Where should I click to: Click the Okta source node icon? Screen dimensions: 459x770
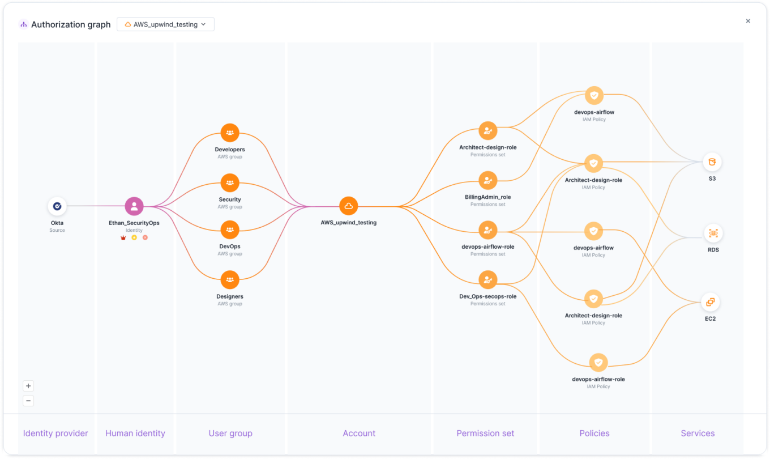coord(57,206)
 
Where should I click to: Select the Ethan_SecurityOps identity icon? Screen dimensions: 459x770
coord(134,206)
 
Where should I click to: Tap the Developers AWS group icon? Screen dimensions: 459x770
coord(230,133)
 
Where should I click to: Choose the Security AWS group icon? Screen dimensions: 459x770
coord(230,183)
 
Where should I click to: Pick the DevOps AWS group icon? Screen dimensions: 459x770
coord(230,230)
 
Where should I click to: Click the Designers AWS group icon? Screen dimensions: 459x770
coord(230,280)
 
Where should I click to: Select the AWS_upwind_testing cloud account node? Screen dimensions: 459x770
coord(349,206)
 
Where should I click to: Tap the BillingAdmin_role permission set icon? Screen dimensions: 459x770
coord(487,181)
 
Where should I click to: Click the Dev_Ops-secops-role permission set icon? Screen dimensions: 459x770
coord(487,280)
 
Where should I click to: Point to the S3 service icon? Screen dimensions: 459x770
coord(712,162)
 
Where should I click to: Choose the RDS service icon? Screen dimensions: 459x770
coord(713,233)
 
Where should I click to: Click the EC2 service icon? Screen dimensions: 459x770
coord(711,302)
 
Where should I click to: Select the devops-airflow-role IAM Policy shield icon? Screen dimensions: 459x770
coord(598,363)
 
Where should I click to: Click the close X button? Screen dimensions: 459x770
coord(748,21)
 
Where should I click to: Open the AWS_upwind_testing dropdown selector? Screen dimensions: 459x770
coord(165,24)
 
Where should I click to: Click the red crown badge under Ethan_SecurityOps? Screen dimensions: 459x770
coord(123,237)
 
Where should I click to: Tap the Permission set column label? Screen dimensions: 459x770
coord(485,433)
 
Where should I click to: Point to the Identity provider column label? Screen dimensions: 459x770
coord(55,433)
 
